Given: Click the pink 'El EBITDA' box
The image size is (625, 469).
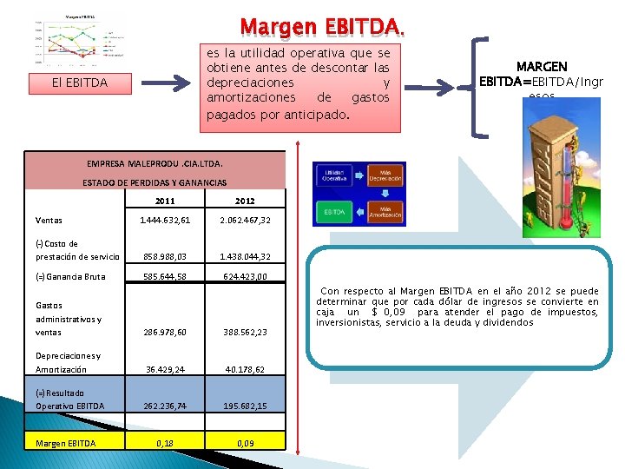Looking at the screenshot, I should click(80, 83).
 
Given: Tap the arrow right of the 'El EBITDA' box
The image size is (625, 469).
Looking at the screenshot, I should click(168, 83).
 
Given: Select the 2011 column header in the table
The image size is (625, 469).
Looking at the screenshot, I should click(165, 201).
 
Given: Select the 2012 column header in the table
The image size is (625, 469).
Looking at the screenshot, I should click(245, 201).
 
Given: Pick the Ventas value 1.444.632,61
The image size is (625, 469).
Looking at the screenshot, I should click(164, 221).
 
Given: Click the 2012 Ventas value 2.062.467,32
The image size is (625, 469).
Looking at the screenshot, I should click(244, 221).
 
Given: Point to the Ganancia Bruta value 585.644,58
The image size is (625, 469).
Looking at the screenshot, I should click(164, 277).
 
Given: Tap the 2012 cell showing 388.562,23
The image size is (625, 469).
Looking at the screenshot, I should click(244, 333).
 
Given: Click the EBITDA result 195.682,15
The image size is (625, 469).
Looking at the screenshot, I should click(244, 406).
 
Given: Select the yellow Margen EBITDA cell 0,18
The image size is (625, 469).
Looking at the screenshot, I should click(164, 443).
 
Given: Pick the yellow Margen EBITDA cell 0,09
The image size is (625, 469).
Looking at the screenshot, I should click(244, 443).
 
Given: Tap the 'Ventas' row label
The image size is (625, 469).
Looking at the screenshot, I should click(49, 221).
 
